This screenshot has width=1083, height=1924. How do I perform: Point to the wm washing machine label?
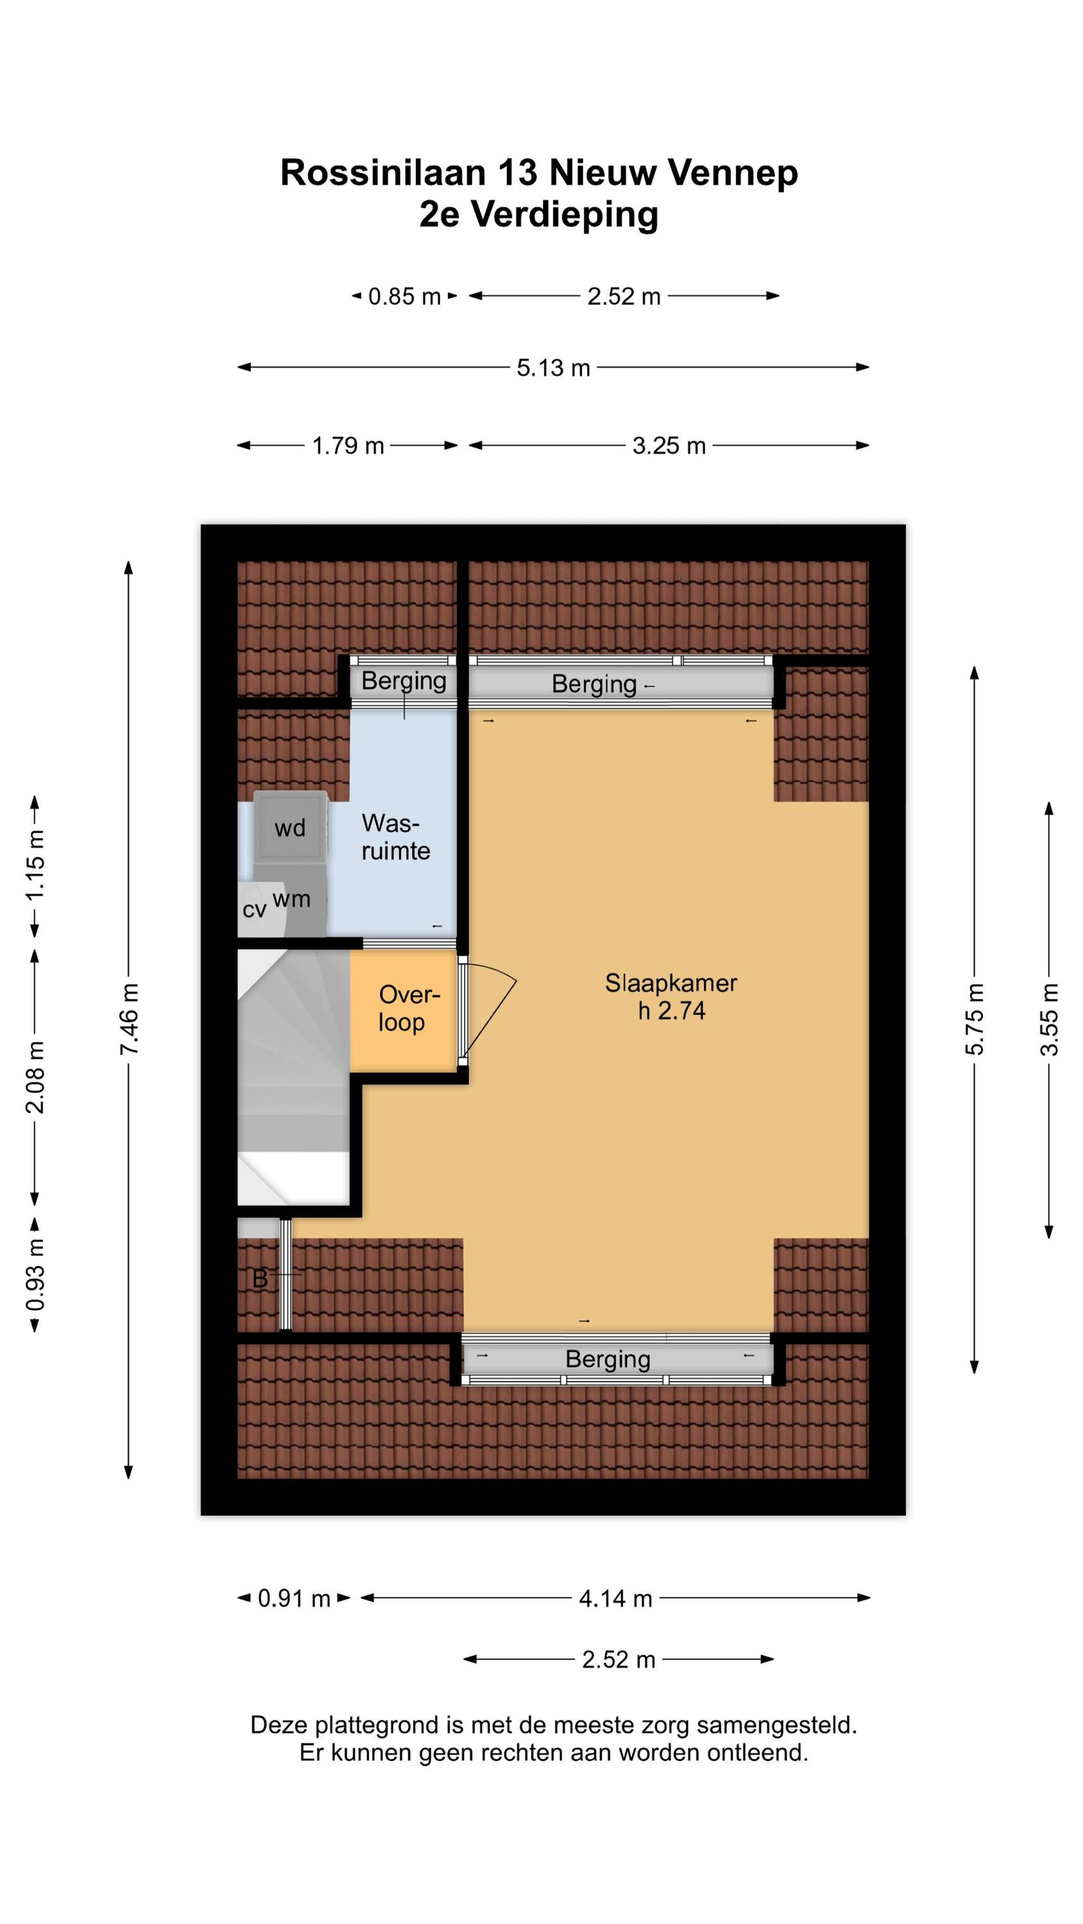tap(291, 899)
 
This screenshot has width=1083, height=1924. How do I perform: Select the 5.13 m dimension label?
tap(553, 367)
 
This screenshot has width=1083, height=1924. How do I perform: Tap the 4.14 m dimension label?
tap(615, 1598)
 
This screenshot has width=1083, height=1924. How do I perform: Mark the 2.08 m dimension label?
tap(34, 1076)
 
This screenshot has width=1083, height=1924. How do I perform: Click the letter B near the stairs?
tap(260, 1279)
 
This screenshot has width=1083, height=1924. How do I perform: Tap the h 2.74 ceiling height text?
tap(671, 1010)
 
